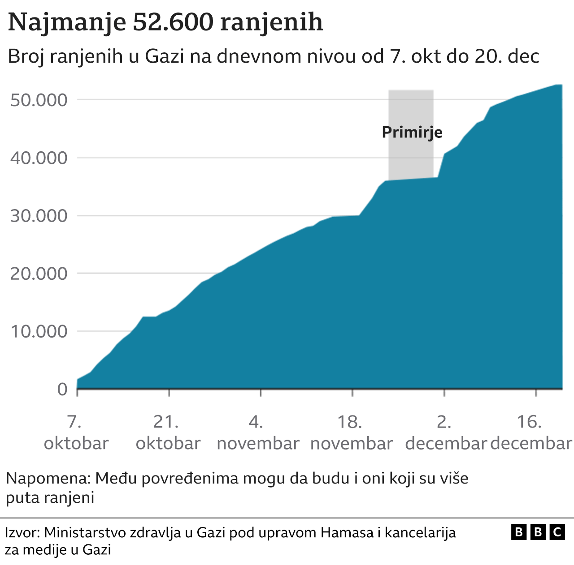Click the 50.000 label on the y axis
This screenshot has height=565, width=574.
pos(39,100)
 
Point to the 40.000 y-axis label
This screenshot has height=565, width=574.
pos(39,158)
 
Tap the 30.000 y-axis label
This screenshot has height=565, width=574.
pos(39,216)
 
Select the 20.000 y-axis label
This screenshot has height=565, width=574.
pos(39,274)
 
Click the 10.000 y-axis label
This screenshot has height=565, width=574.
pos(39,331)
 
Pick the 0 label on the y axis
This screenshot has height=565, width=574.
pos(62,389)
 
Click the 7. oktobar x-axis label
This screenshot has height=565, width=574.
pos(76,432)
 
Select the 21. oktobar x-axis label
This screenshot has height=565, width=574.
pos(168,432)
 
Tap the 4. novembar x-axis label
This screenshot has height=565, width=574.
pos(258,432)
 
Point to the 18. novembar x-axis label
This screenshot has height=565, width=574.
pos(351,432)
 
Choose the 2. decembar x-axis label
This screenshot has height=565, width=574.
pos(445,432)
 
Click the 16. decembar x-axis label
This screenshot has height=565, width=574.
pos(531,432)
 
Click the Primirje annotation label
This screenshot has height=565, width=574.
pos(412,133)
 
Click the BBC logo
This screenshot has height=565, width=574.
pos(538,532)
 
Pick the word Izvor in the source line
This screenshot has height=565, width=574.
pos(22,533)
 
